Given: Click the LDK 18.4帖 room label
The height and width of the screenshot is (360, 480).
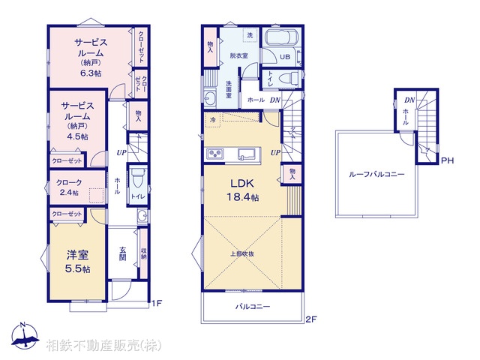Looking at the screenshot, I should click(x=244, y=190).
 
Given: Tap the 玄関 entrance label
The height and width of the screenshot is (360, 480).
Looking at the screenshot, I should click(x=123, y=255).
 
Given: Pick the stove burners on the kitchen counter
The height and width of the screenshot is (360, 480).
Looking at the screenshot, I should click(x=215, y=154).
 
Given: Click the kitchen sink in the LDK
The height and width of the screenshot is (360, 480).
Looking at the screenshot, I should click(x=246, y=154).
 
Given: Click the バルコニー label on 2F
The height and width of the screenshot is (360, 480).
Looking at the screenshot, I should click(x=253, y=307).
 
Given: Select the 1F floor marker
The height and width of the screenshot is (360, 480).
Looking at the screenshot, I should click(x=156, y=303).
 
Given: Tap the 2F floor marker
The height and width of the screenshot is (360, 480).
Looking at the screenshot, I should click(x=311, y=319).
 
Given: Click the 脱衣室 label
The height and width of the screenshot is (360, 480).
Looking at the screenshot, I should click(x=238, y=55).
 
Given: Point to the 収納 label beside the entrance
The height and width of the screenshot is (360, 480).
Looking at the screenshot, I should click(x=143, y=255).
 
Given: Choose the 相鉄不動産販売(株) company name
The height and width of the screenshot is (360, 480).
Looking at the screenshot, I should click(x=103, y=346).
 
